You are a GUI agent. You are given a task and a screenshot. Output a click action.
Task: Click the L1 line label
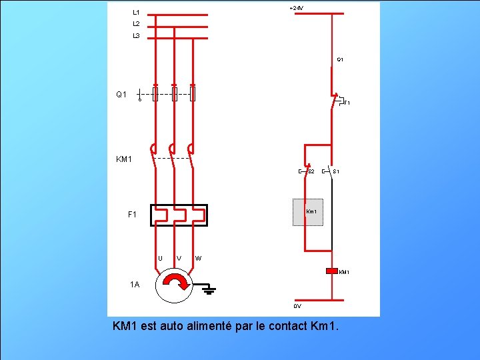click(x=136, y=13)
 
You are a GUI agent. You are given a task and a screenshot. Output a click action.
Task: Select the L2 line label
click(x=136, y=24)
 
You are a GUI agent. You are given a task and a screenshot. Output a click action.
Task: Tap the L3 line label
click(x=136, y=36)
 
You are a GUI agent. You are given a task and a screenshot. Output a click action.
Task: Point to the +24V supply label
click(x=296, y=8)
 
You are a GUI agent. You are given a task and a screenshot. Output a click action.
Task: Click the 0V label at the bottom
click(x=297, y=307)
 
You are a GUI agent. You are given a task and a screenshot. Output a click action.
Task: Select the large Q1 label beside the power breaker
click(x=121, y=95)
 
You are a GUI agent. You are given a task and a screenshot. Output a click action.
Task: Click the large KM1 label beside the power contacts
click(x=124, y=160)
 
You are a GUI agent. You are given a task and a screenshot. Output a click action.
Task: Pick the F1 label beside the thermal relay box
click(x=133, y=215)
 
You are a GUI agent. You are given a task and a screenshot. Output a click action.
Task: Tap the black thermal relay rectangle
click(x=179, y=215)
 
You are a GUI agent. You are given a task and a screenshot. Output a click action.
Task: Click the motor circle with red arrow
click(x=174, y=285)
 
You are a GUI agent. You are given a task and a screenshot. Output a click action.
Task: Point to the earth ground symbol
click(x=208, y=289)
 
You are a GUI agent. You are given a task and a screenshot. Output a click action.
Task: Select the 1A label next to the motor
click(x=135, y=285)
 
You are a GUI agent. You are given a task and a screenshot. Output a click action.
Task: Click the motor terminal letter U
click(x=160, y=259)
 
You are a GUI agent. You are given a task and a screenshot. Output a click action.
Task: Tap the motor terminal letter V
click(x=179, y=259)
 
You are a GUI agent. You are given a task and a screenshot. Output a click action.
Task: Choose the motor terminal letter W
click(x=199, y=259)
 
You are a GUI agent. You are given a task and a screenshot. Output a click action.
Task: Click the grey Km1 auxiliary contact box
click(x=308, y=212)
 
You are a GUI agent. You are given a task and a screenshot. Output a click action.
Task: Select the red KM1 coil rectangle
click(x=331, y=271)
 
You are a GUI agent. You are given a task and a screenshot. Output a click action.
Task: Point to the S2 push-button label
click(x=311, y=172)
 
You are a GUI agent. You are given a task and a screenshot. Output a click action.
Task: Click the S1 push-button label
click(x=337, y=172)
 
